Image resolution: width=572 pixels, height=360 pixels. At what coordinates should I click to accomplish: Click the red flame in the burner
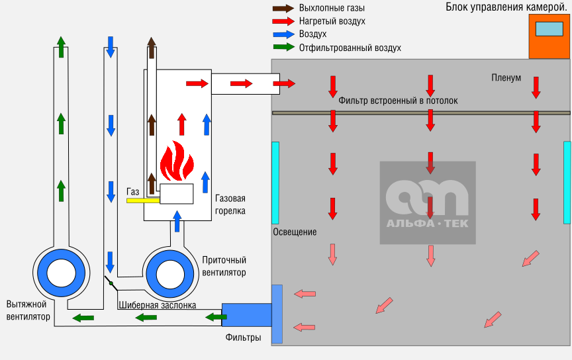pyautogui.click(x=176, y=162)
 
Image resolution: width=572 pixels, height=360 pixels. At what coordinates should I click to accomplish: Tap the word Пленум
pyautogui.click(x=506, y=78)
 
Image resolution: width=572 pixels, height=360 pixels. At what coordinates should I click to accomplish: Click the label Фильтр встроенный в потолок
pyautogui.click(x=398, y=101)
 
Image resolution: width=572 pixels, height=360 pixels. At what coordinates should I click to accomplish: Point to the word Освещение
pyautogui.click(x=295, y=232)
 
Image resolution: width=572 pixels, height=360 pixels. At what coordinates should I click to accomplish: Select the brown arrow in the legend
pyautogui.click(x=283, y=9)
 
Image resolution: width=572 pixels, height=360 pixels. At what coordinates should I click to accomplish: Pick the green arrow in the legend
pyautogui.click(x=283, y=47)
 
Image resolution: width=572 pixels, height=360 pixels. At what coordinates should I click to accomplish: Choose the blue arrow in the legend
pyautogui.click(x=283, y=34)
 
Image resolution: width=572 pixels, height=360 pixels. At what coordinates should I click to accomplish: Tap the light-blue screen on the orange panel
pyautogui.click(x=549, y=29)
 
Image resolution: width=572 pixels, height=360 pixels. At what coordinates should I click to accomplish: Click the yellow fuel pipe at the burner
pyautogui.click(x=143, y=200)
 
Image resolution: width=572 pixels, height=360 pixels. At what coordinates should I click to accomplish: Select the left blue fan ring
pyautogui.click(x=44, y=273)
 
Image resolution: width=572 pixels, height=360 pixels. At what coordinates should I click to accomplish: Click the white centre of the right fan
pyautogui.click(x=170, y=274)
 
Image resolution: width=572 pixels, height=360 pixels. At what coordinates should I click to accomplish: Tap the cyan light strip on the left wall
pyautogui.click(x=275, y=182)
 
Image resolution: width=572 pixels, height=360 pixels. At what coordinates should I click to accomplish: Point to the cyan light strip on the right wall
pyautogui.click(x=567, y=182)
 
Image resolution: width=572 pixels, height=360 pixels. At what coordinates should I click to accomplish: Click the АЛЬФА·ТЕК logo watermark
pyautogui.click(x=428, y=202)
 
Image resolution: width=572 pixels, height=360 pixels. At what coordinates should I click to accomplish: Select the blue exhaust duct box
pyautogui.click(x=246, y=315)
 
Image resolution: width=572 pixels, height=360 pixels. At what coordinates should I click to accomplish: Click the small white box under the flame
pyautogui.click(x=176, y=194)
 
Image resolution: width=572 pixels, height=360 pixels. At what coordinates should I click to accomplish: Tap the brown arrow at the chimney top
pyautogui.click(x=152, y=47)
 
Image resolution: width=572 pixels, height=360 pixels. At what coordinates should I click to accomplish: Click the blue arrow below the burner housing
pyautogui.click(x=177, y=221)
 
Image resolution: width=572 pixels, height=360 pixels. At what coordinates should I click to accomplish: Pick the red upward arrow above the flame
pyautogui.click(x=182, y=124)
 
